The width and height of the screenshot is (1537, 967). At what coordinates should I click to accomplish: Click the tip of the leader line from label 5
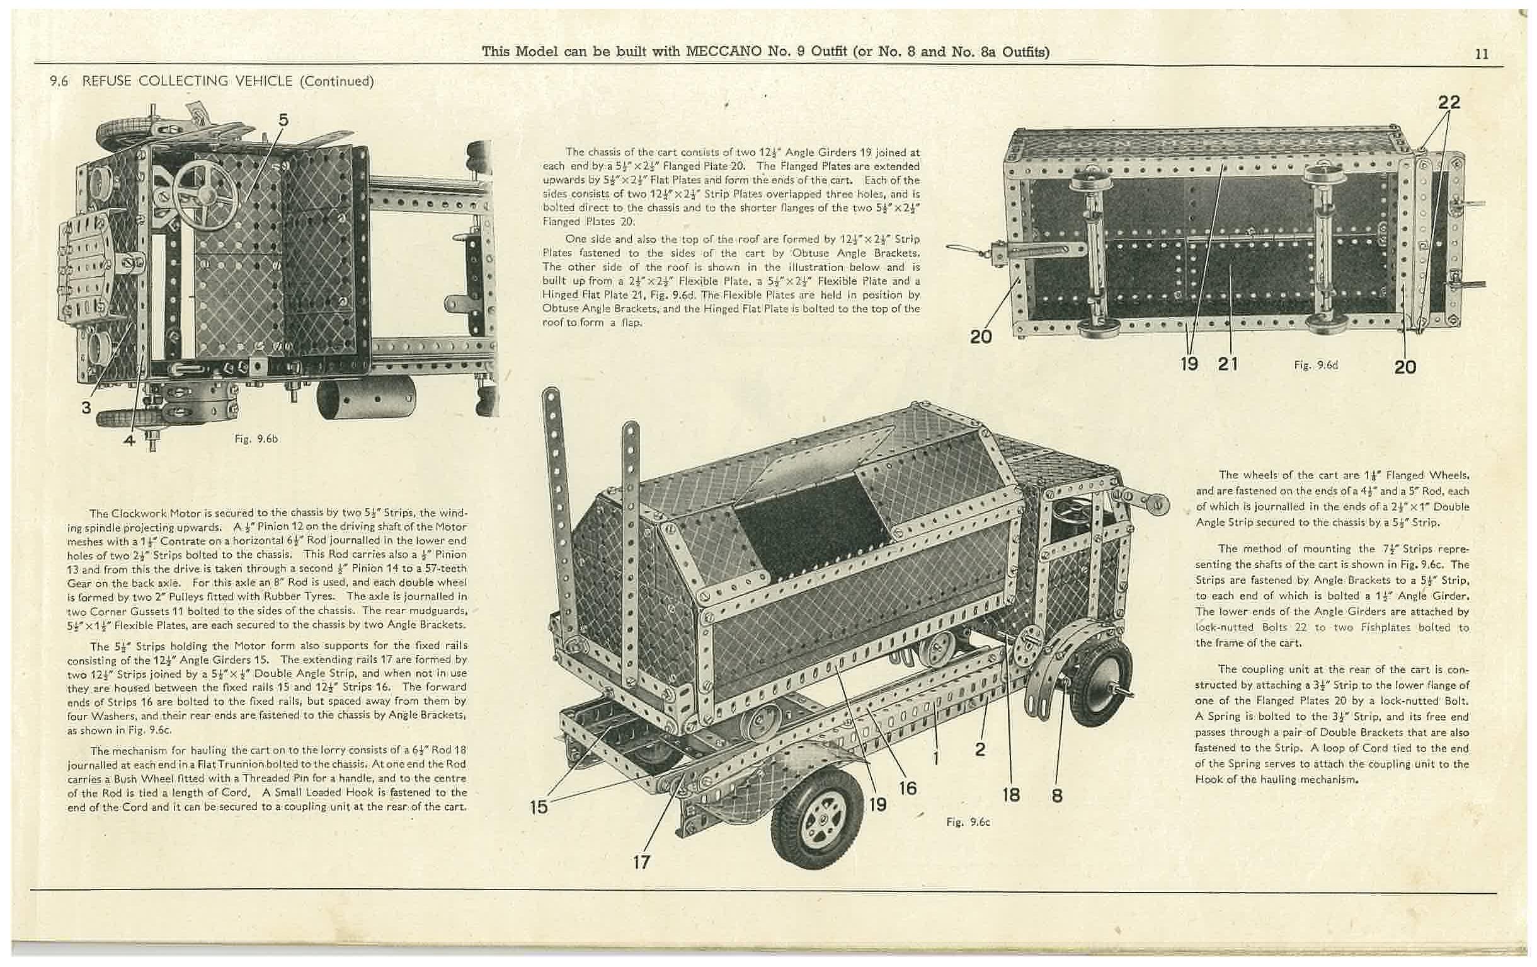(246, 200)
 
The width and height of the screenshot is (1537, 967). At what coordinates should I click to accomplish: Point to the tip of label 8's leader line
(1064, 682)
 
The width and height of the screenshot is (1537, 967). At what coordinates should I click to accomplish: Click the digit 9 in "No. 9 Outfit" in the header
(801, 52)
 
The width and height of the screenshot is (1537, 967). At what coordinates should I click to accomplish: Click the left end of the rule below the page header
(34, 64)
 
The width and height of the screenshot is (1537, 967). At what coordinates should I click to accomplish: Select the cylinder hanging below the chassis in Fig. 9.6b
(366, 397)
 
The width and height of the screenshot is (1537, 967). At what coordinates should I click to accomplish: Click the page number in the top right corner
(1482, 54)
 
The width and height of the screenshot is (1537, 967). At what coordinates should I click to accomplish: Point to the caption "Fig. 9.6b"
(256, 439)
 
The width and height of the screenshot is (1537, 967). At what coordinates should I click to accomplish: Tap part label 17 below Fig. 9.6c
(641, 862)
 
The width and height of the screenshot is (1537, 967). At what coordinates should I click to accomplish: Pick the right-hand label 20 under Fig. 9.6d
(1405, 367)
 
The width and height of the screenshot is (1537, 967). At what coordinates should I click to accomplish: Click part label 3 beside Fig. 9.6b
(86, 407)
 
